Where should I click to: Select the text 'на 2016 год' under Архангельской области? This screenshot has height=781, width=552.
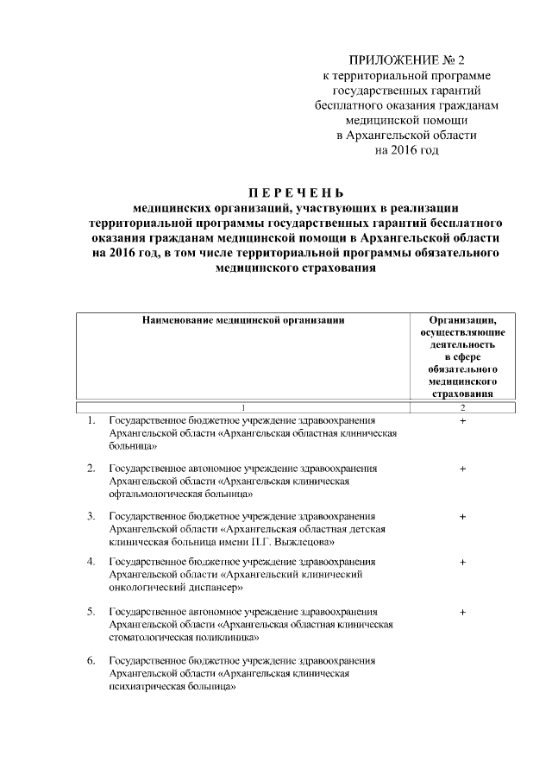tap(405, 150)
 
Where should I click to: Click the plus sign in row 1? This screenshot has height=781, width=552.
tap(463, 420)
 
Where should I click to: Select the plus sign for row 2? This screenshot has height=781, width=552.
tap(463, 469)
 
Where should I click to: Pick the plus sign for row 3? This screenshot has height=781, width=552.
tap(463, 517)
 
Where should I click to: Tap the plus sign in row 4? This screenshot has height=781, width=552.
tap(463, 563)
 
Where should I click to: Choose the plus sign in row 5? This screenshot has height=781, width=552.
tap(463, 613)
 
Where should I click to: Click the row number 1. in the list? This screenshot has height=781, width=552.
tap(91, 420)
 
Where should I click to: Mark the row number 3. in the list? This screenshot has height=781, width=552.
tap(91, 516)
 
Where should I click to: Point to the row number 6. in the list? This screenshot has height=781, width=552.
tap(91, 661)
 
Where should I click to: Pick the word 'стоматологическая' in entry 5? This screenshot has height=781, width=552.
tap(150, 639)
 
